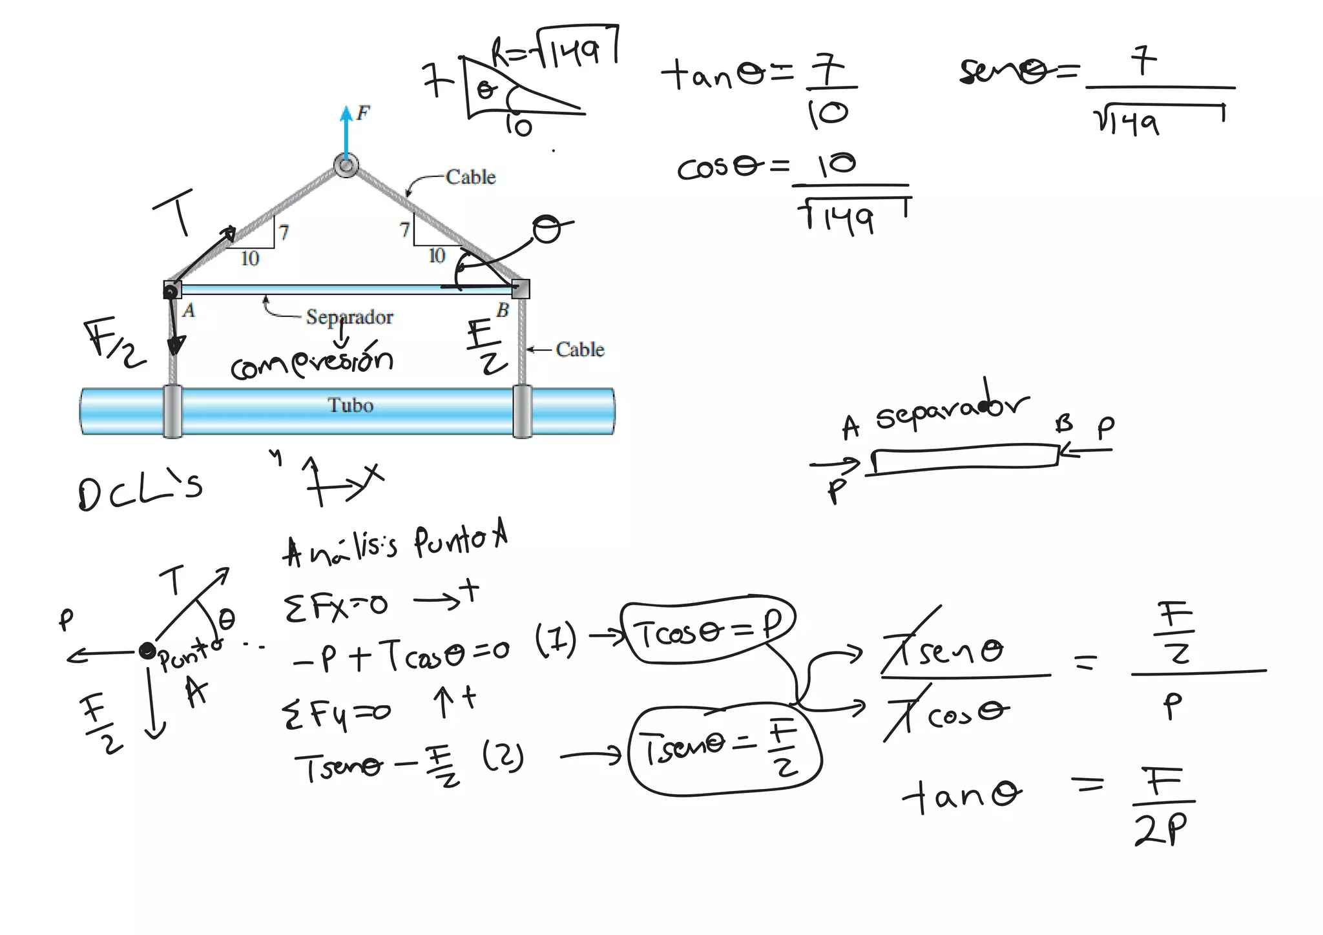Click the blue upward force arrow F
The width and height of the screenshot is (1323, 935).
[347, 132]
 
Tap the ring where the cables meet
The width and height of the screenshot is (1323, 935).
[346, 166]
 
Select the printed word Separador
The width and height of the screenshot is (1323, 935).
[349, 317]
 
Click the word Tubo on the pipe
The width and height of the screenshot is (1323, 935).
[350, 406]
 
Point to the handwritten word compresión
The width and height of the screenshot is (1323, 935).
[312, 363]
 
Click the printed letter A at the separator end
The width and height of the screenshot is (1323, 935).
[189, 311]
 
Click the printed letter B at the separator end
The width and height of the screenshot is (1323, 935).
[503, 311]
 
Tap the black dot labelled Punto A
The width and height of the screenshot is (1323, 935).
[147, 650]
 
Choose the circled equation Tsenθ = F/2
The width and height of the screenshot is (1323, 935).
[724, 750]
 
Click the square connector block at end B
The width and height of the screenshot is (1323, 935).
[521, 289]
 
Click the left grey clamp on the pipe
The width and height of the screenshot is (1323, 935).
[172, 411]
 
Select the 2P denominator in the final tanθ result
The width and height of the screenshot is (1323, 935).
[1160, 828]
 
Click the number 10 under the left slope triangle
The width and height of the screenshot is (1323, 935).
[250, 259]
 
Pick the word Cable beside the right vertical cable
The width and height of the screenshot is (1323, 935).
[579, 350]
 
